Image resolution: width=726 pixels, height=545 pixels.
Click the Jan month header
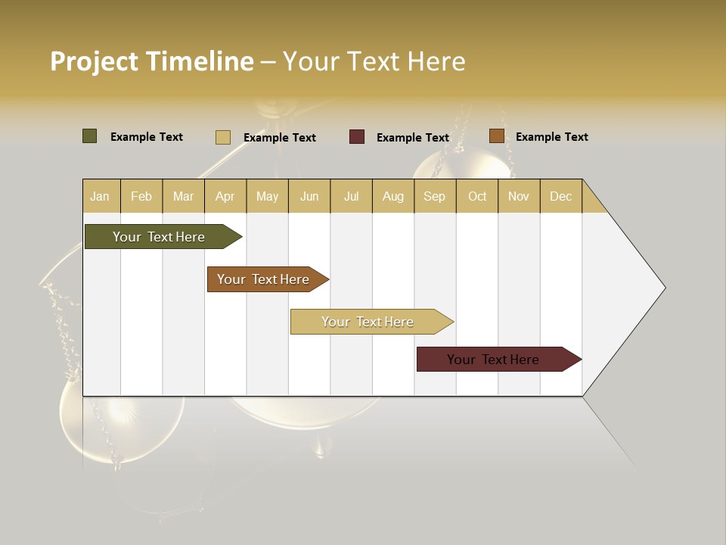(101, 196)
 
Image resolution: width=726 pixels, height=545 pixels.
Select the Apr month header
(225, 196)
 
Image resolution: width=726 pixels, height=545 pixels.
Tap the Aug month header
(392, 196)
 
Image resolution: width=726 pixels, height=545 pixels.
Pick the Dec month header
(560, 196)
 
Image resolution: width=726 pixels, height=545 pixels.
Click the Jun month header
(309, 196)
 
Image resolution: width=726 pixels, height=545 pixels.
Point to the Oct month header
(477, 196)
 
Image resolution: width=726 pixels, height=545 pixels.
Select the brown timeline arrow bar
(265, 279)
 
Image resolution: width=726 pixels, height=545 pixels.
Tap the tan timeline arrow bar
(369, 322)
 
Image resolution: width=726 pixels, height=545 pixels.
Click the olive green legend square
(89, 136)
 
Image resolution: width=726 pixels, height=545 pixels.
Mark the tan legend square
(222, 137)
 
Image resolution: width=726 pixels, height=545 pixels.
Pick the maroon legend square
(356, 137)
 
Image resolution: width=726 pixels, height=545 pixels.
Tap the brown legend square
(496, 136)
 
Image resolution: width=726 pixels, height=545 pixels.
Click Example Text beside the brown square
(551, 137)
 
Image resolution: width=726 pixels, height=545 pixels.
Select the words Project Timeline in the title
(151, 61)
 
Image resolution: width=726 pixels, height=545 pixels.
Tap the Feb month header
(141, 196)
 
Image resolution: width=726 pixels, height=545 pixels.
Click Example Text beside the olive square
(146, 137)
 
